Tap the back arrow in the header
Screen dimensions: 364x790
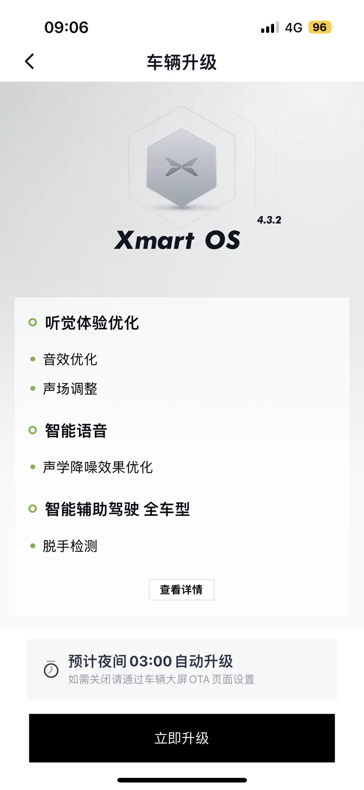[x=30, y=61]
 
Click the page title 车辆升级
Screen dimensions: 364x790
[x=182, y=63]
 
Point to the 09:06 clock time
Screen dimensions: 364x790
[x=66, y=27]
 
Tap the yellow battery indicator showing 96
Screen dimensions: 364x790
[x=320, y=27]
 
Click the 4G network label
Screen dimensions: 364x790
[x=294, y=27]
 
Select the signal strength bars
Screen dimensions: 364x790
[x=270, y=27]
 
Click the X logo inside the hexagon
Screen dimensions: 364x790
[x=182, y=167]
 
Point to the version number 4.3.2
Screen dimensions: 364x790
[x=269, y=220]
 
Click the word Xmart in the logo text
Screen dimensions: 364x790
[x=154, y=240]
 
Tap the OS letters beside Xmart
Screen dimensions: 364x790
[x=223, y=240]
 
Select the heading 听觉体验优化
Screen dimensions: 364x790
[x=92, y=323]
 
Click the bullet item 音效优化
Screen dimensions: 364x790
[x=70, y=359]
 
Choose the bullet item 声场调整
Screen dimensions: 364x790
[x=70, y=389]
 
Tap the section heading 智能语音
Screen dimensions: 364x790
[x=76, y=431]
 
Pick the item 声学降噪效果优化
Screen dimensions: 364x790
[x=98, y=467]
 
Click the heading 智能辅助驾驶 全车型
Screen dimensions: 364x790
[x=117, y=509]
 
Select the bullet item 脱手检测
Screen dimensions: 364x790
[x=70, y=546]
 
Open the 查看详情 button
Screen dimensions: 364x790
[x=182, y=590]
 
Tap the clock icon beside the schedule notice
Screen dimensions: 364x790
[x=51, y=669]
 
